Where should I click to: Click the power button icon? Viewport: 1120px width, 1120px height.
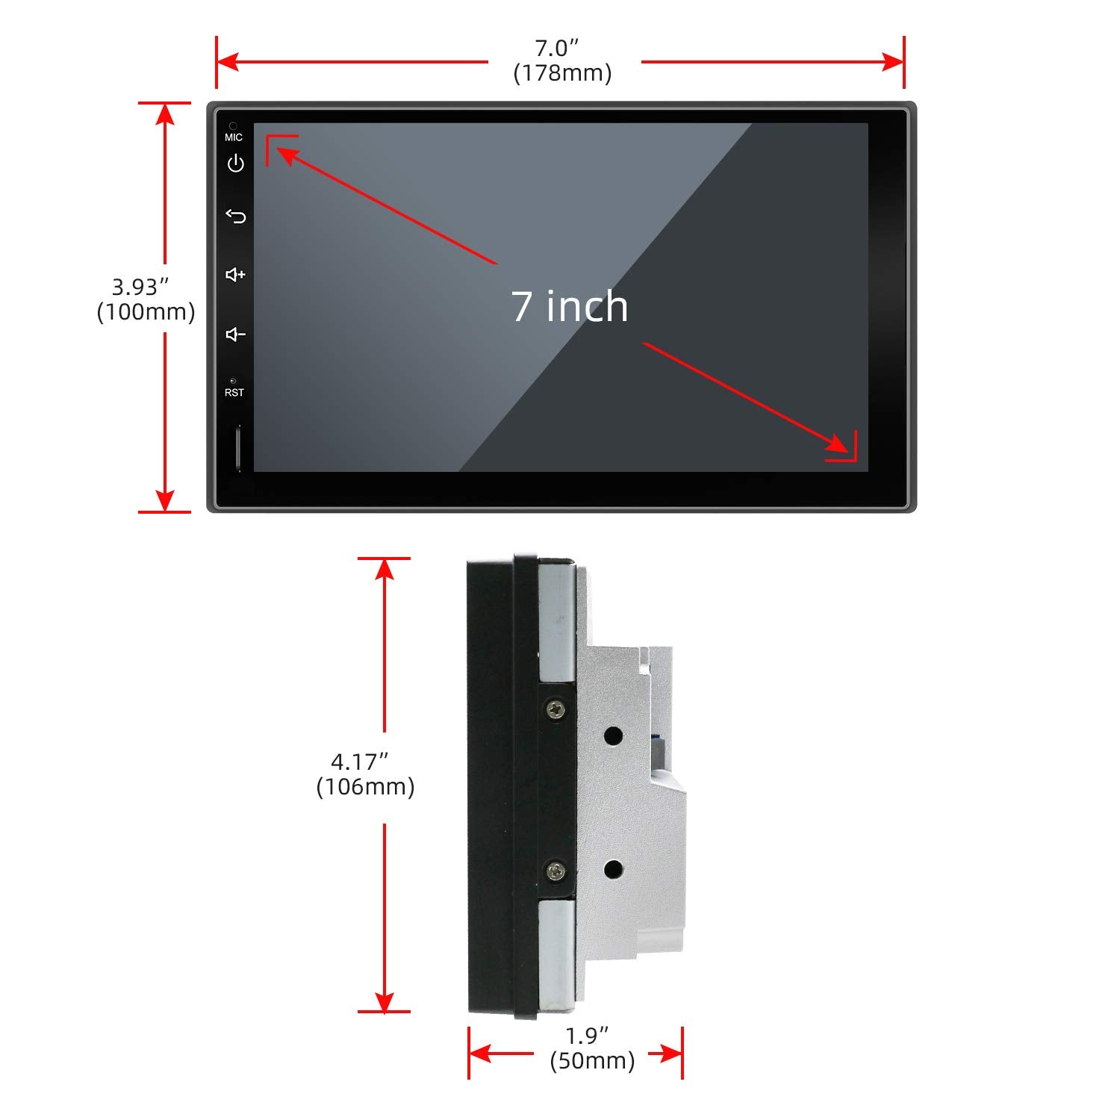[235, 163]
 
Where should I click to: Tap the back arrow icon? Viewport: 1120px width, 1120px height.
[235, 217]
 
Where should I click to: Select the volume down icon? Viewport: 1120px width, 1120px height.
[235, 334]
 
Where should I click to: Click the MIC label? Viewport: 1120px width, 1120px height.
[234, 137]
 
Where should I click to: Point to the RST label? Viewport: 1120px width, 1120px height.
[234, 393]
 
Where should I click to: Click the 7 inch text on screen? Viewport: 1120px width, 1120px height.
[570, 306]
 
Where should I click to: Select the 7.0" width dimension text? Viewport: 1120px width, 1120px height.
[557, 48]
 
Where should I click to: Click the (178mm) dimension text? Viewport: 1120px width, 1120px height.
[562, 73]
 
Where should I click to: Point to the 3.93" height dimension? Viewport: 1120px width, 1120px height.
[140, 287]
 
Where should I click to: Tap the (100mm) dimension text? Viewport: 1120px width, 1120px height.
[146, 312]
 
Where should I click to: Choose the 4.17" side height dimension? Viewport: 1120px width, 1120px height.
[360, 762]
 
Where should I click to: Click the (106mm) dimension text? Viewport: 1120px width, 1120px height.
[365, 787]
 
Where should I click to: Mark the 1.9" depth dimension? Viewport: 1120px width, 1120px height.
[587, 1036]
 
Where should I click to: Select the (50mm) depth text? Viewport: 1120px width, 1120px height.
[592, 1061]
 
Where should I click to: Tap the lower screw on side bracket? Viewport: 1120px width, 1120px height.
[555, 870]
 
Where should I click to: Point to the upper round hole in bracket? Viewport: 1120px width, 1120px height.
[613, 736]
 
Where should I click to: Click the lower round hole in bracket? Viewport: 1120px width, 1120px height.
[613, 869]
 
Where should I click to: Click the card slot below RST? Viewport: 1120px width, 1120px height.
[239, 448]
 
